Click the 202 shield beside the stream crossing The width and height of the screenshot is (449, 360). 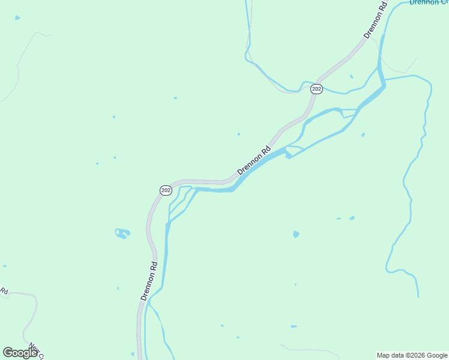pyautogui.click(x=317, y=89)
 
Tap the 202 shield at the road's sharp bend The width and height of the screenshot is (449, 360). pyautogui.click(x=166, y=190)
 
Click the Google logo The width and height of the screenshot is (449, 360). pyautogui.click(x=20, y=353)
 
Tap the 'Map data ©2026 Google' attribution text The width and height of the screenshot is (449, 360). pyautogui.click(x=412, y=355)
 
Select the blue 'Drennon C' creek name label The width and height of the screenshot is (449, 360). pyautogui.click(x=429, y=2)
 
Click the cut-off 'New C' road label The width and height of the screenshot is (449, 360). pyautogui.click(x=37, y=352)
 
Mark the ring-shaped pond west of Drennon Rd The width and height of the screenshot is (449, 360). pyautogui.click(x=122, y=233)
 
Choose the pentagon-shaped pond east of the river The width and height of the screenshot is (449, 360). pyautogui.click(x=296, y=234)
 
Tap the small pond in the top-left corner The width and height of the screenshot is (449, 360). pyautogui.click(x=17, y=18)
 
